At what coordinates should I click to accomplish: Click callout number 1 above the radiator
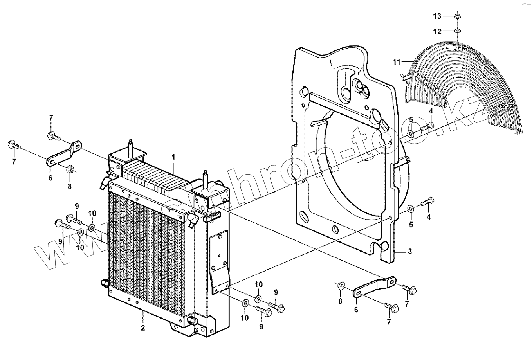click(174, 157)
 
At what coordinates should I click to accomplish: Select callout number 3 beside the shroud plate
click(410, 252)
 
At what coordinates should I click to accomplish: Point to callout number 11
click(397, 61)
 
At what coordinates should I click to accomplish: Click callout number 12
click(437, 31)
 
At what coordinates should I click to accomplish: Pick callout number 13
click(437, 16)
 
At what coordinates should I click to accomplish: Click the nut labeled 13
click(458, 16)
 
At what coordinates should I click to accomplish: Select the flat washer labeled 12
click(458, 31)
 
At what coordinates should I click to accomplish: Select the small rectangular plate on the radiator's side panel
click(220, 250)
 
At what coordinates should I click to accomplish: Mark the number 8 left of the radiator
click(69, 186)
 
